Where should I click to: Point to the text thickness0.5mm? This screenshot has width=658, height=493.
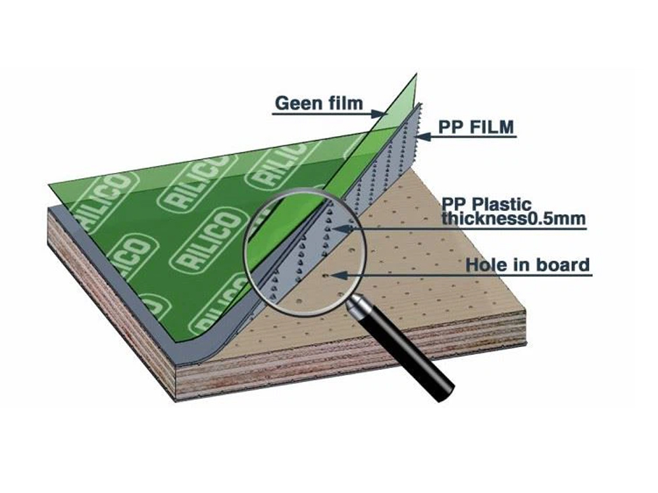click(513, 219)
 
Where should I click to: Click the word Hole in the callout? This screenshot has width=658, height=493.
click(488, 266)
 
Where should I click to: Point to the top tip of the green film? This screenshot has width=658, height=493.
click(417, 75)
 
